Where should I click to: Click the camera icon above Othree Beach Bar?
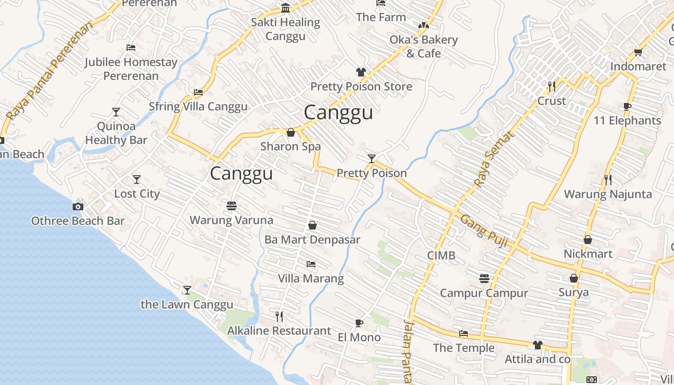tap(78, 206)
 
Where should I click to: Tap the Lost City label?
tap(137, 193)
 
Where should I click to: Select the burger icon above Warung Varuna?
tap(232, 206)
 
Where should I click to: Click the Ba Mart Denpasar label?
tap(312, 240)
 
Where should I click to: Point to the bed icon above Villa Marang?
tap(311, 264)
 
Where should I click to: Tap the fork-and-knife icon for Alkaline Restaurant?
tap(279, 316)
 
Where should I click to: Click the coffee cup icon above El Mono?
tap(359, 323)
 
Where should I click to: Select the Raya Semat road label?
tap(494, 159)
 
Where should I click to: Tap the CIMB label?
tap(441, 256)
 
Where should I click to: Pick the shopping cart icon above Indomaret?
tap(638, 52)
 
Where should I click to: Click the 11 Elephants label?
tap(627, 120)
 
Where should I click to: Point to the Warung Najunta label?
tap(608, 194)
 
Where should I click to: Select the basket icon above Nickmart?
tap(587, 240)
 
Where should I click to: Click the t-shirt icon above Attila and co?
tap(537, 345)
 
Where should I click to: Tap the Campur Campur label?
tap(484, 293)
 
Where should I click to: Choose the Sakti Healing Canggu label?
tap(285, 29)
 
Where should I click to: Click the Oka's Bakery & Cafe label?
tap(424, 46)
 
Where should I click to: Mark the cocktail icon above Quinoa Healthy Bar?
tap(116, 112)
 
